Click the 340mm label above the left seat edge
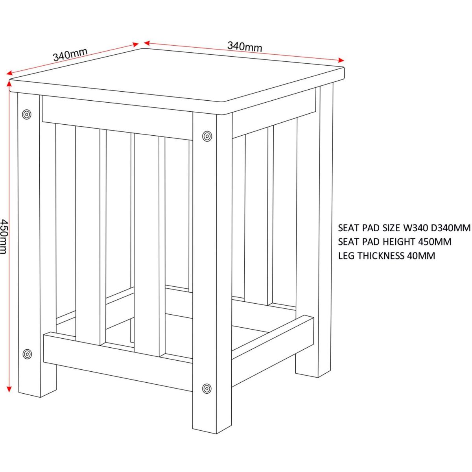click(70, 55)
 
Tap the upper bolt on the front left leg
click(27, 114)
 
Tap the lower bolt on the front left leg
click(27, 354)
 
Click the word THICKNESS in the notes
click(380, 256)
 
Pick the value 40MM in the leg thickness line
click(421, 256)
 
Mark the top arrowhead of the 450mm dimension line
click(9, 84)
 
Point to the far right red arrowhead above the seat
click(341, 60)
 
